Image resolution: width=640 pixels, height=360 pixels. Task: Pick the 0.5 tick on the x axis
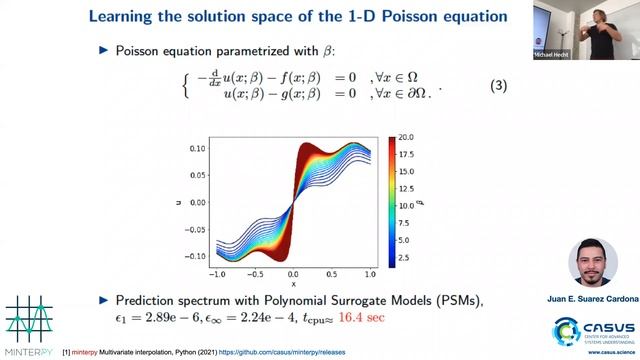(x=330, y=272)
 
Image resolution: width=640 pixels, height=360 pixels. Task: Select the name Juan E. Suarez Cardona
(x=593, y=297)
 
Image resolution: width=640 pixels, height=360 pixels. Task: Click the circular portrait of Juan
(x=593, y=263)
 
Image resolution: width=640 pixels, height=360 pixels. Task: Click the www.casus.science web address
(x=604, y=353)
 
